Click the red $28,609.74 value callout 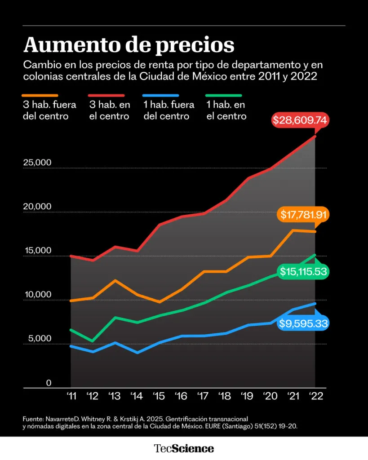click(x=301, y=121)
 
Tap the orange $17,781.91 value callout click(x=303, y=215)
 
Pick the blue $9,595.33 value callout click(x=303, y=323)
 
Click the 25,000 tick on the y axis click(x=38, y=163)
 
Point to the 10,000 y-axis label click(x=38, y=295)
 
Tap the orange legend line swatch click(x=40, y=96)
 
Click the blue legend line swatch click(x=160, y=96)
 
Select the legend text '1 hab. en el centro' click(x=226, y=111)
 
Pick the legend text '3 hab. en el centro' click(x=110, y=111)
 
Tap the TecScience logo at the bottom click(x=184, y=448)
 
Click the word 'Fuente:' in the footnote click(x=34, y=418)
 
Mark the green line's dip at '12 click(x=93, y=341)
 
